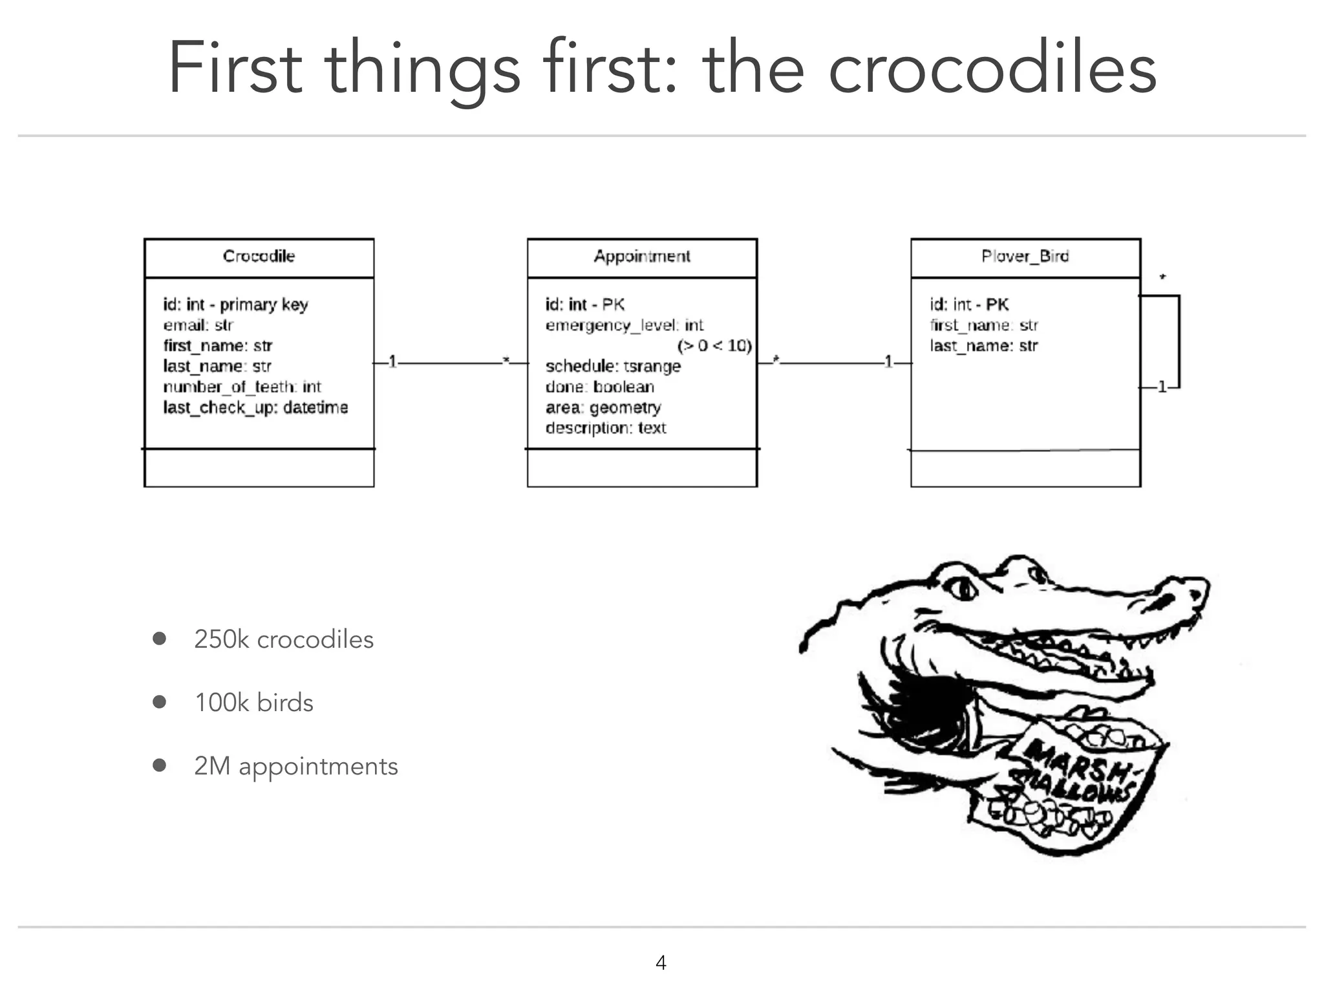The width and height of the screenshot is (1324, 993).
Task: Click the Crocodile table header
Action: click(259, 257)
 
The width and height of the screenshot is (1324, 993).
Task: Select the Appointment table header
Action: click(642, 257)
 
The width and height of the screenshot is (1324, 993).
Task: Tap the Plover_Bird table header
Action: click(1025, 257)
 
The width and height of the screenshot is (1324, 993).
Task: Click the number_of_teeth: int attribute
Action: click(242, 387)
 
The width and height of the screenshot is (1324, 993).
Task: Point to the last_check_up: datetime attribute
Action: click(255, 407)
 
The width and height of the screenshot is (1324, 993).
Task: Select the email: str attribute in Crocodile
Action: click(198, 325)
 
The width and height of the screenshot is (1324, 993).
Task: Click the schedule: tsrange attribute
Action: click(613, 366)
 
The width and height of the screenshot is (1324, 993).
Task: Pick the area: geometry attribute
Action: click(603, 407)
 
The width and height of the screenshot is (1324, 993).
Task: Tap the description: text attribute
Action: click(606, 428)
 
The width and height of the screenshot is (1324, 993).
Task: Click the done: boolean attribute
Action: click(600, 387)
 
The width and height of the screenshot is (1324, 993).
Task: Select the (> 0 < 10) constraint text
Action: click(714, 346)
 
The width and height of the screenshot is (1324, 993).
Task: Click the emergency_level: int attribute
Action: click(624, 325)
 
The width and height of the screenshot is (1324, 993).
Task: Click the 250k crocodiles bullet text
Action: click(284, 639)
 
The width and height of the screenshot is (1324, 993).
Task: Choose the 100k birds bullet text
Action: click(254, 703)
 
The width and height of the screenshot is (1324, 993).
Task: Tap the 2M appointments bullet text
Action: click(296, 766)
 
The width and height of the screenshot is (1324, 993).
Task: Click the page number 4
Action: click(661, 963)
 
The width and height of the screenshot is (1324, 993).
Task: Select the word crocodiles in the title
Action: click(992, 68)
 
